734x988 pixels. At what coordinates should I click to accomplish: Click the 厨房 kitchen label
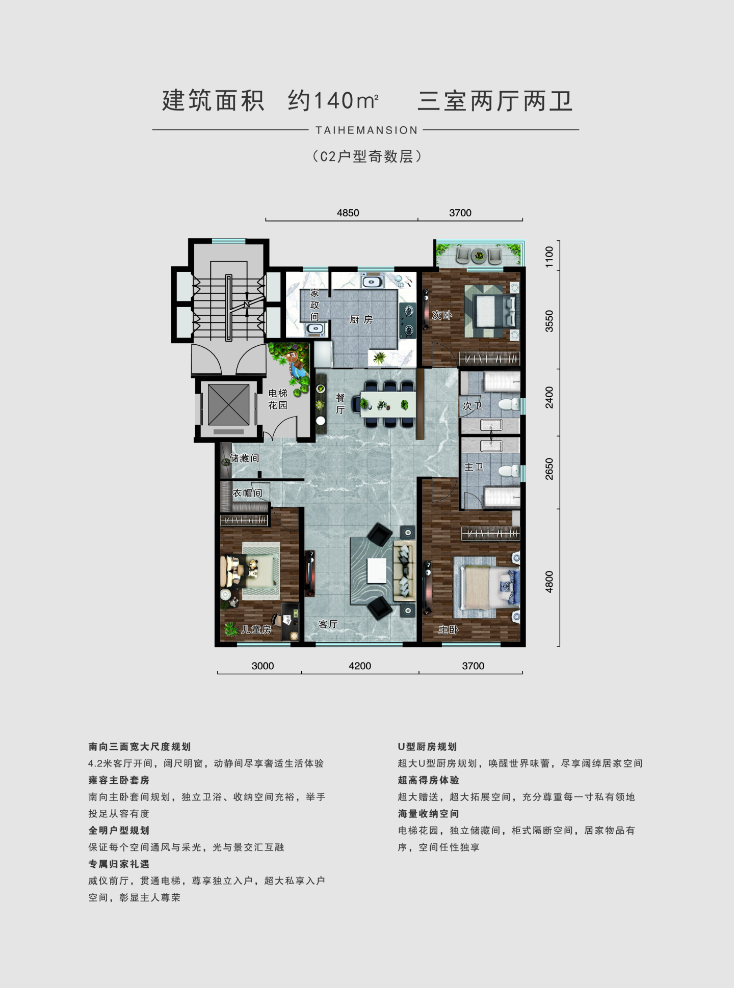[x=361, y=320]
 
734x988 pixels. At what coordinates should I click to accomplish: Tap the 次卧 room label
[x=442, y=315]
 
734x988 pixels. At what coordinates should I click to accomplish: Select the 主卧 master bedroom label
[x=449, y=629]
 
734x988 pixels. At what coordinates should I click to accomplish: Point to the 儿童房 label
[x=256, y=629]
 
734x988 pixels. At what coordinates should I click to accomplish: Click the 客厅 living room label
[x=328, y=624]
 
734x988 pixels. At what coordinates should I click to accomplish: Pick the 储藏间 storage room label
[x=245, y=458]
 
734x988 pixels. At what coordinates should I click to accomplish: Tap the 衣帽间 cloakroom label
[x=248, y=493]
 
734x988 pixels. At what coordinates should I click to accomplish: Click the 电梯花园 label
[x=278, y=399]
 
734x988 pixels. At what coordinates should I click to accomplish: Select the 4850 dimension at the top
[x=348, y=213]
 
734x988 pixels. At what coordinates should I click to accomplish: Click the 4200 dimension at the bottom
[x=360, y=666]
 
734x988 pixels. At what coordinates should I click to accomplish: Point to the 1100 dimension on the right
[x=549, y=257]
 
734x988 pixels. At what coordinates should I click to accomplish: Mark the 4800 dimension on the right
[x=549, y=582]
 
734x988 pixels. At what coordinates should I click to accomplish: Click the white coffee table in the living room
[x=377, y=570]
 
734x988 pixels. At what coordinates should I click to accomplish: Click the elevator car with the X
[x=228, y=405]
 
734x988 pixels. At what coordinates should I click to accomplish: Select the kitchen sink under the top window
[x=372, y=282]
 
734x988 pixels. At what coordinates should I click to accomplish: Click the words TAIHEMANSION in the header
[x=366, y=130]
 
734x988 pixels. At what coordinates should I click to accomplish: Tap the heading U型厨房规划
[x=427, y=747]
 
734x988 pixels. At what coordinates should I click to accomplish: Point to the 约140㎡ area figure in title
[x=333, y=100]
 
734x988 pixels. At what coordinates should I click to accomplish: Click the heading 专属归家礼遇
[x=119, y=864]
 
